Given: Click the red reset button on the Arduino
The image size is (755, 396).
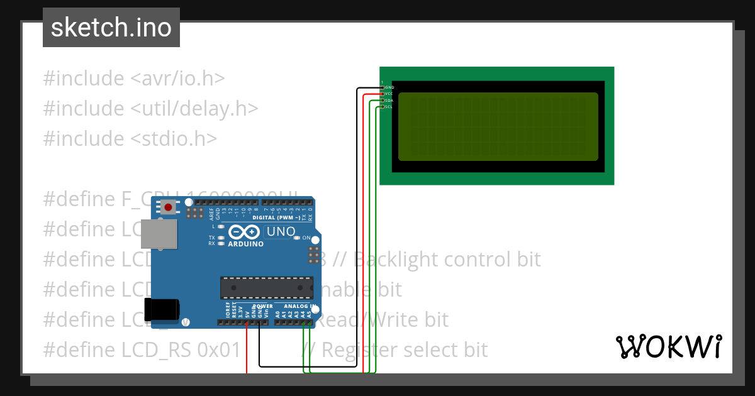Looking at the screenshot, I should click(x=168, y=207).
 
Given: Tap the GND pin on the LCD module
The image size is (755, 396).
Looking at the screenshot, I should click(x=382, y=87).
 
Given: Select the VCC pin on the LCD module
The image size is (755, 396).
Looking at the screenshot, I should click(x=382, y=93).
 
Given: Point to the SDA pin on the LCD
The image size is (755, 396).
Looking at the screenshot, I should click(x=382, y=100).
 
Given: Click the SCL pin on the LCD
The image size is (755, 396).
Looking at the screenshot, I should click(x=382, y=106).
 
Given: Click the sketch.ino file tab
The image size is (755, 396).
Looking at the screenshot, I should click(x=111, y=28).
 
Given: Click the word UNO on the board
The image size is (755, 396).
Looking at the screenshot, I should click(x=281, y=231).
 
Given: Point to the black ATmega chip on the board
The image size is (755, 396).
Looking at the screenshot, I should click(x=266, y=287).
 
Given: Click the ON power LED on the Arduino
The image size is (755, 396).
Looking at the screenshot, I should click(x=297, y=238).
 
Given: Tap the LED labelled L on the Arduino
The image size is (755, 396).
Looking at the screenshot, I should click(x=221, y=225).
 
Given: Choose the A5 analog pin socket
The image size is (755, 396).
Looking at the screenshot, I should click(x=309, y=322).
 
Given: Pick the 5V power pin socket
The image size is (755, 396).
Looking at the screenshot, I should click(x=247, y=322).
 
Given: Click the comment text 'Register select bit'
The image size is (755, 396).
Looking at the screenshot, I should click(x=405, y=349).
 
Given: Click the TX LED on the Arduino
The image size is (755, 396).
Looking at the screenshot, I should click(x=221, y=238).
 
